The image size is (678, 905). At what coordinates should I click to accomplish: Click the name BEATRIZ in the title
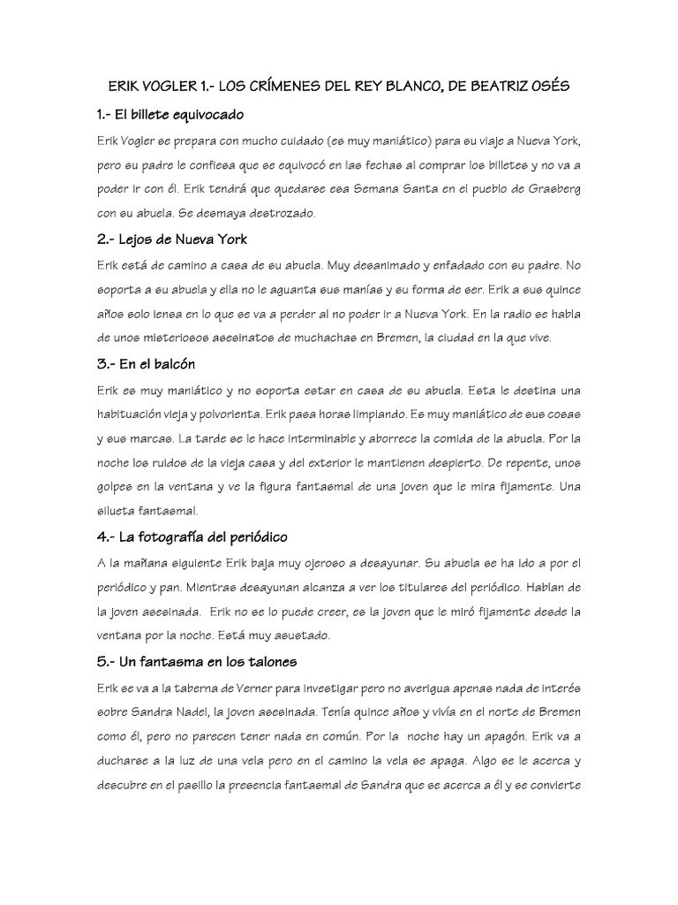492,87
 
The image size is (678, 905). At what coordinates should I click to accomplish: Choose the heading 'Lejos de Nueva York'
173,239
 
